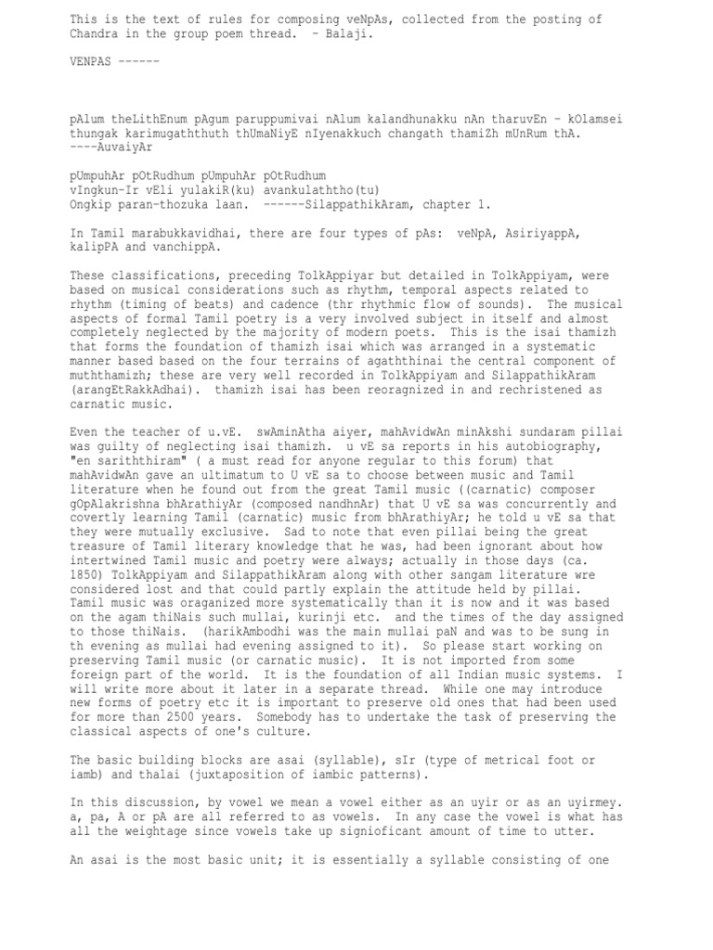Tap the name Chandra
(93, 33)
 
